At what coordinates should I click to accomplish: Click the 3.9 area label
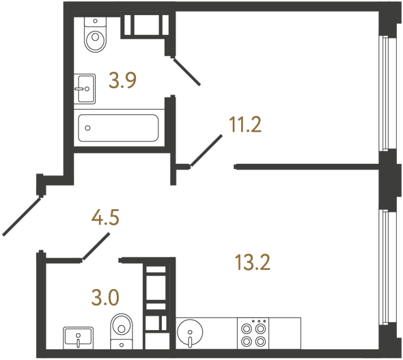click(123, 82)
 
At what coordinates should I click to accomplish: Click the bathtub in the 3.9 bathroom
click(118, 128)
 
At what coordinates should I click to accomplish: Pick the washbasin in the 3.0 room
click(78, 337)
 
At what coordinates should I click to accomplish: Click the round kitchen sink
click(190, 332)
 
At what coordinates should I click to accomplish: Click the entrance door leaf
click(22, 215)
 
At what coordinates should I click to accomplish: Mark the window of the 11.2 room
click(384, 93)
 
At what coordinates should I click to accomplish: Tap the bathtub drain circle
click(87, 128)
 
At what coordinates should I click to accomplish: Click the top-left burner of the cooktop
click(246, 326)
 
